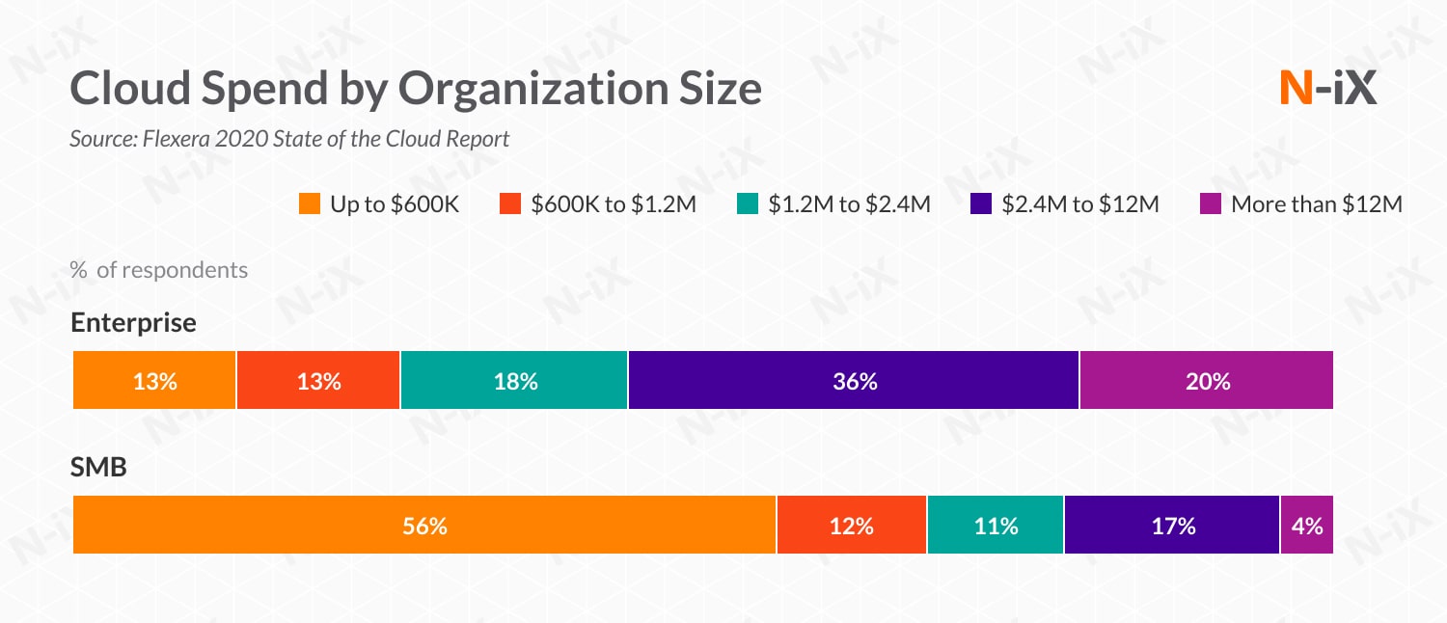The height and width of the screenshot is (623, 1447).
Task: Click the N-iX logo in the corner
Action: click(1326, 90)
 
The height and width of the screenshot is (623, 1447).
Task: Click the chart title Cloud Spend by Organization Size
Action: click(416, 90)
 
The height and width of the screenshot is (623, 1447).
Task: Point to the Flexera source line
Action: click(289, 139)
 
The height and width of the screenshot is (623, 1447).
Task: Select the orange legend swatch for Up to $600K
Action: click(310, 204)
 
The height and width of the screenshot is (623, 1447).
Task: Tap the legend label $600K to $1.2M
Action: click(613, 204)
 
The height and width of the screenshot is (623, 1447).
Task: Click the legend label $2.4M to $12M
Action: click(1080, 204)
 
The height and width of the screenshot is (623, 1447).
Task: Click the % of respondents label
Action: click(159, 270)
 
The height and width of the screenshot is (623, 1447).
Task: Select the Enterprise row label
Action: click(133, 323)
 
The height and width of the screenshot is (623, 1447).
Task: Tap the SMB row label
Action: click(99, 468)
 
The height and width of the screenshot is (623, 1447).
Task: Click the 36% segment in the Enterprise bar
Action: click(854, 381)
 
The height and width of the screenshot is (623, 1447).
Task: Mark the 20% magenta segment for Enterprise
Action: click(1207, 381)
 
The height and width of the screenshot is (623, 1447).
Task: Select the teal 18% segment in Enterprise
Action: click(514, 381)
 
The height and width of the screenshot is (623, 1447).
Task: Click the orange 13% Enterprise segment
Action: click(154, 381)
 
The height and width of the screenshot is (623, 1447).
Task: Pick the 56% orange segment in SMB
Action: click(424, 526)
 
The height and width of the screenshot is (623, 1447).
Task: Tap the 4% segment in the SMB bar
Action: click(1307, 526)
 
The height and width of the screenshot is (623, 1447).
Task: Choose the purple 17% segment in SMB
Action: click(1172, 526)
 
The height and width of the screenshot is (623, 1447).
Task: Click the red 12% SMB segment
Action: click(852, 526)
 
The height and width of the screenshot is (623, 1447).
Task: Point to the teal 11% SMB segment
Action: click(996, 526)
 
